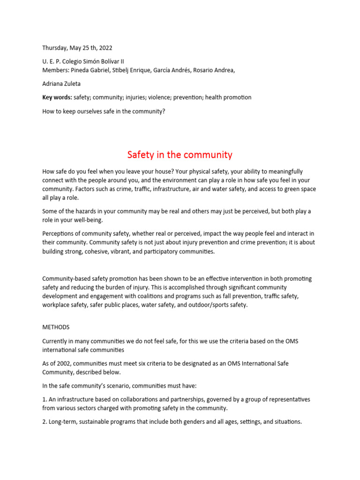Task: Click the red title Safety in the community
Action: (x=180, y=155)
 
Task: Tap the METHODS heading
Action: (x=56, y=327)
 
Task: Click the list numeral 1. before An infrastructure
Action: (x=45, y=399)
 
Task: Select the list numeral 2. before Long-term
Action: (x=45, y=421)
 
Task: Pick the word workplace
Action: (x=57, y=305)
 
